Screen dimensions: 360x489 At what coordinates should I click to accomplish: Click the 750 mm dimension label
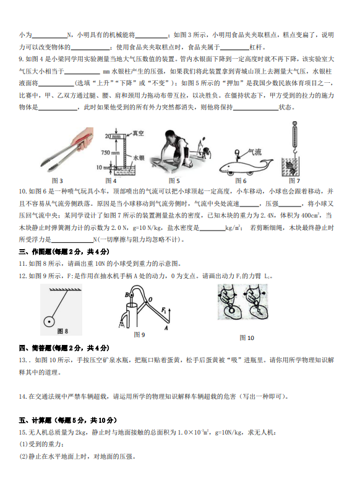tap(110, 153)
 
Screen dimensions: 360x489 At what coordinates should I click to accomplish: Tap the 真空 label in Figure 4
tap(138, 133)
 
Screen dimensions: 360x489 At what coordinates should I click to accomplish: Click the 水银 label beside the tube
tap(139, 158)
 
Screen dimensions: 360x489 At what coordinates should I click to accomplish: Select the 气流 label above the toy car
tap(255, 152)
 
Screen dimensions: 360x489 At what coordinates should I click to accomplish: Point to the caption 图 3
tap(57, 181)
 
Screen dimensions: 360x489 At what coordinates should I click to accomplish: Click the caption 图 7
tap(294, 181)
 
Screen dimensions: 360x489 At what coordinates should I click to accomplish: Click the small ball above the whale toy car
tap(238, 153)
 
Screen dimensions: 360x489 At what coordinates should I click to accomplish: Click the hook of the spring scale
tap(294, 152)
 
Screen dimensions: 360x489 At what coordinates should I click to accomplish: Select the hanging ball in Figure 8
tap(49, 321)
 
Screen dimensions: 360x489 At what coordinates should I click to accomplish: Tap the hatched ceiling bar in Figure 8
tap(66, 289)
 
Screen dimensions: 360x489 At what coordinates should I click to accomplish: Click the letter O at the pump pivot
tap(150, 300)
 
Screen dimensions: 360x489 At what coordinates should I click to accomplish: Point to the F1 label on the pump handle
tap(164, 310)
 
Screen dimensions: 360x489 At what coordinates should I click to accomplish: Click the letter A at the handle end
tap(166, 328)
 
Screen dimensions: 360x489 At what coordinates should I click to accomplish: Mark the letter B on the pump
tap(127, 295)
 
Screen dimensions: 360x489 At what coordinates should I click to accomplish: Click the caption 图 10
tap(246, 338)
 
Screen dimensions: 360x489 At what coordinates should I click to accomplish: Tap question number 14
tap(23, 396)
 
